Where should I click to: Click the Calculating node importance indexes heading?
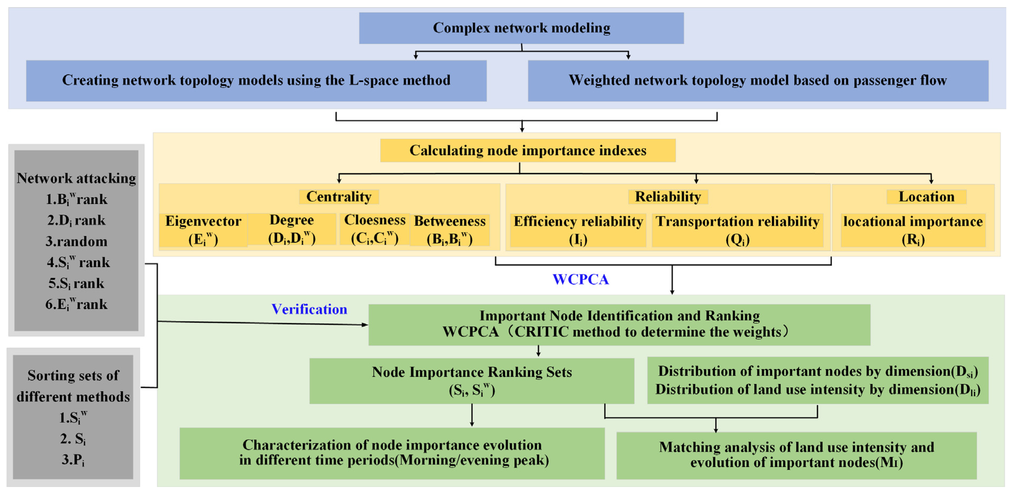click(x=528, y=150)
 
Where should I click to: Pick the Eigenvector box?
click(x=203, y=230)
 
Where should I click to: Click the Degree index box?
click(x=292, y=229)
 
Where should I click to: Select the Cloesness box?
click(x=375, y=229)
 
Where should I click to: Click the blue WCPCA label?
click(x=580, y=279)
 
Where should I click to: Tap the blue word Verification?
click(x=309, y=309)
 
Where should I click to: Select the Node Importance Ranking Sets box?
click(x=472, y=381)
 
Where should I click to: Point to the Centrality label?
click(x=339, y=196)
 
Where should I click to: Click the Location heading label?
click(x=926, y=196)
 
